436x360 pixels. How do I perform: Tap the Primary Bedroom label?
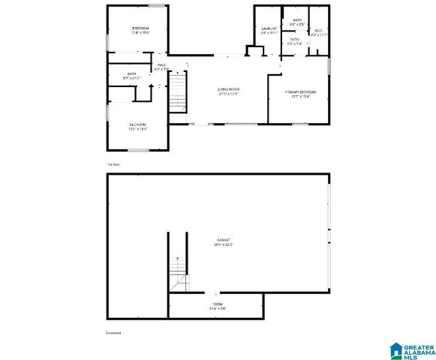point(300,92)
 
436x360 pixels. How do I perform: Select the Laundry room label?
point(269,28)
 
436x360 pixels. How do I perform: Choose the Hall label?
point(160,65)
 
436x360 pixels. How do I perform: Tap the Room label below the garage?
point(217,304)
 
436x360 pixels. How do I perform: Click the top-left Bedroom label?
point(140,28)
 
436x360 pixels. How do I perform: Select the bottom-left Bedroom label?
point(137,124)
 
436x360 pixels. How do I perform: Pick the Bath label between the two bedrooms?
point(131,73)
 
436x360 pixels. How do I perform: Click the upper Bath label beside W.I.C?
point(297,20)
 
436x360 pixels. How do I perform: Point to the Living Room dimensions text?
point(227,94)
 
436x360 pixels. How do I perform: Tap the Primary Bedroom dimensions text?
point(300,97)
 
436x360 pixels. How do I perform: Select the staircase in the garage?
point(177,268)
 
